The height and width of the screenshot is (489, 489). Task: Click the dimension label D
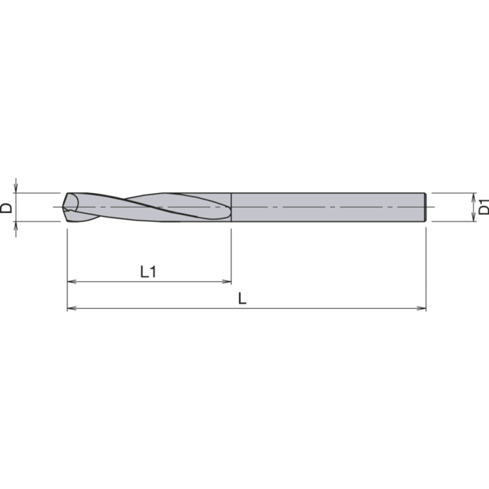click(x=7, y=208)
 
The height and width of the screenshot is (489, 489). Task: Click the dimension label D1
click(x=483, y=207)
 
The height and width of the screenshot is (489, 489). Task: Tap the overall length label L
click(x=242, y=299)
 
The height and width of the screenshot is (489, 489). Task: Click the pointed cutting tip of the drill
click(x=65, y=208)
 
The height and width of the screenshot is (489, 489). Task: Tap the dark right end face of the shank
click(x=425, y=208)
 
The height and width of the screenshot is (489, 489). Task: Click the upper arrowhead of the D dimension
click(x=17, y=188)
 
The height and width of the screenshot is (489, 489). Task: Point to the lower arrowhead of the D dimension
click(x=17, y=226)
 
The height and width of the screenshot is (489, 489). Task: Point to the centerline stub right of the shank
click(x=431, y=208)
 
